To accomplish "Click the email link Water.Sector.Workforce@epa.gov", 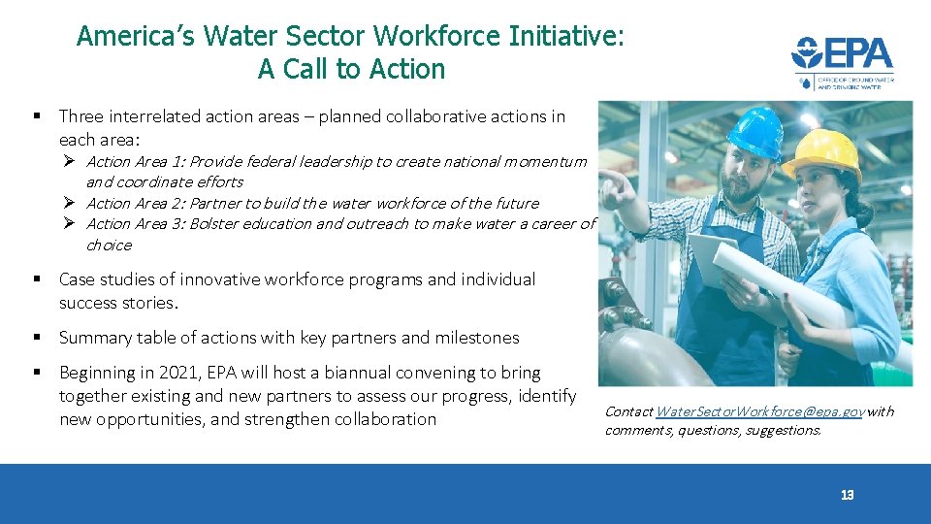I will coord(759,411).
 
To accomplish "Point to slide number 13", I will coord(847,496).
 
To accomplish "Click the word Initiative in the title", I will coord(561,36).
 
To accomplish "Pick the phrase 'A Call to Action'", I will coord(351,69).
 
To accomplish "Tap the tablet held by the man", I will coord(708,257).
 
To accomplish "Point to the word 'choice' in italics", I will coord(108,245).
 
